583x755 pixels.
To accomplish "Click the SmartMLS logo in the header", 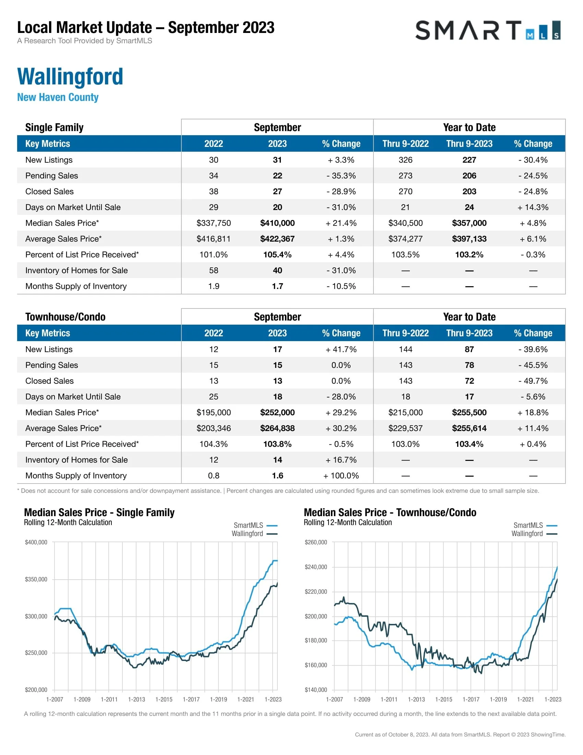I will tap(488, 31).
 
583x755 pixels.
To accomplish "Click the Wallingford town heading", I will tap(70, 77).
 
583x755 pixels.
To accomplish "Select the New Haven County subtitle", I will tap(58, 97).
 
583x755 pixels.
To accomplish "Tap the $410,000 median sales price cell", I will tap(277, 223).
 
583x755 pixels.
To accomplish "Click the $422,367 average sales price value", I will tap(277, 239).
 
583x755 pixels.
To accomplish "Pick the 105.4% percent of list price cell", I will tap(277, 255).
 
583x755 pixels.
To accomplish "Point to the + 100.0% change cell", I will tap(341, 476).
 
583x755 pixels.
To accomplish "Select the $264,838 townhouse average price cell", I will tap(277, 428).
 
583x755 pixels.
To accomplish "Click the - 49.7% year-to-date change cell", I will tap(533, 381).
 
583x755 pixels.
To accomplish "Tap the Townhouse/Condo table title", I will tap(65, 317).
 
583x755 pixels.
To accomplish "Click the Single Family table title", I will tap(54, 127).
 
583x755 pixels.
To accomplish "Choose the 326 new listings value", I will tap(405, 160).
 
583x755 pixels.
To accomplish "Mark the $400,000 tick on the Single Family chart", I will tap(36, 542).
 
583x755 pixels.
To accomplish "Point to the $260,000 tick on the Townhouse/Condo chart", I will tap(316, 542).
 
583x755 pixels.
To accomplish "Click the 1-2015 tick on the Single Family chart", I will tap(164, 699).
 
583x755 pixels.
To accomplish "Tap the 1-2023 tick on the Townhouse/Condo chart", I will tap(552, 699).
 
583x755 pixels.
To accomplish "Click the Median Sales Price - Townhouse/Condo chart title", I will tap(390, 512).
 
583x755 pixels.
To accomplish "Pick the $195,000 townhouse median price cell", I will tap(213, 413).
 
